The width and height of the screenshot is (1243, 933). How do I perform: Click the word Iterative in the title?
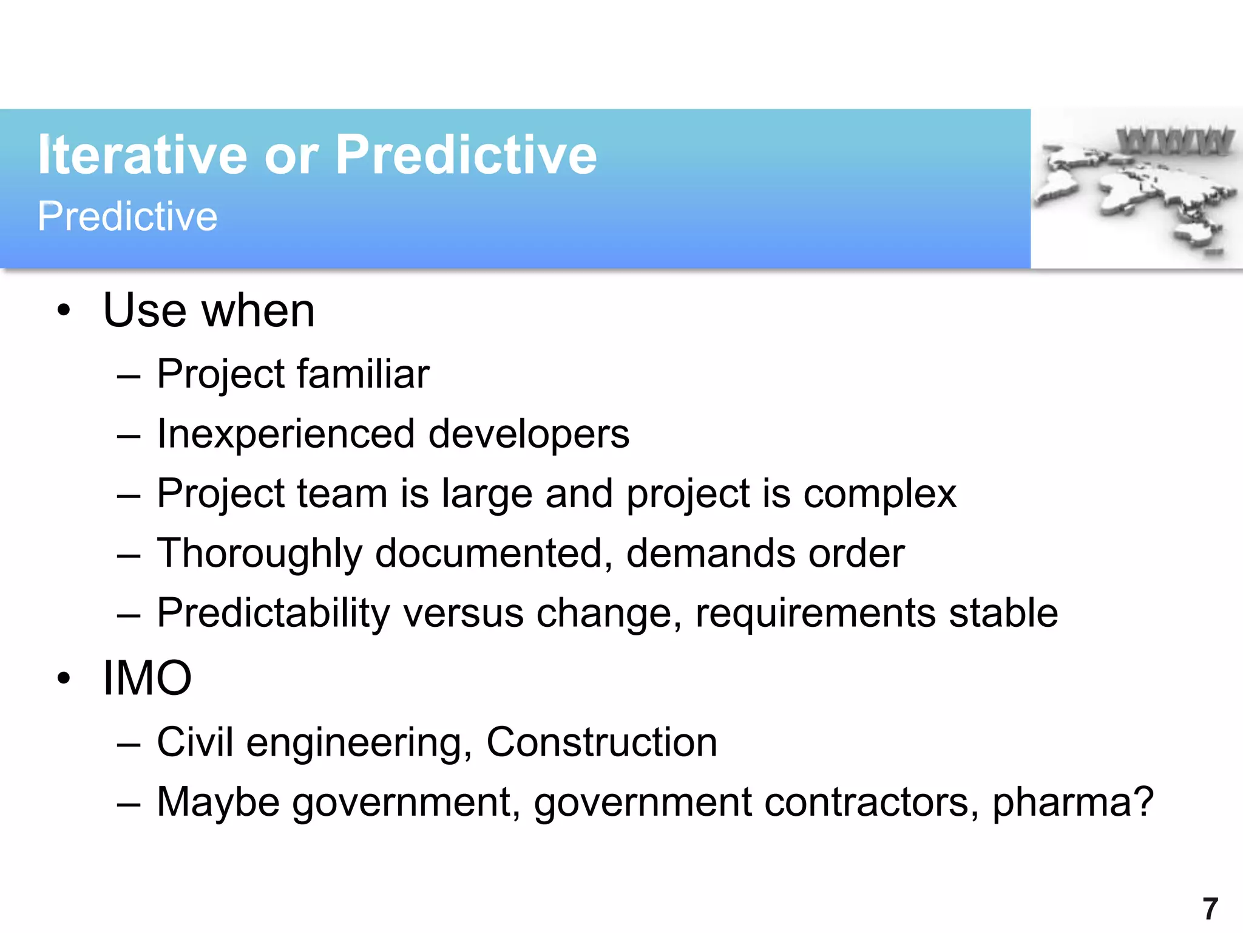click(x=142, y=155)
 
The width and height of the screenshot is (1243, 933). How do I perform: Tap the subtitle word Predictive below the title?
click(x=127, y=216)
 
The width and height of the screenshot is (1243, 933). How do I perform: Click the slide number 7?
click(x=1210, y=909)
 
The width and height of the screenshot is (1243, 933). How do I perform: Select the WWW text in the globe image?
click(x=1175, y=141)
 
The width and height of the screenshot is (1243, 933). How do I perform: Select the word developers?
click(x=529, y=434)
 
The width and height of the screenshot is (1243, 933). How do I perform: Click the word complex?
click(x=879, y=494)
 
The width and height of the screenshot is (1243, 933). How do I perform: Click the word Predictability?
click(x=273, y=613)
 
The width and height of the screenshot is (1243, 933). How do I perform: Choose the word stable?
click(x=1003, y=613)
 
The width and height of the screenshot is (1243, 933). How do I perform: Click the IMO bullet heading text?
click(x=147, y=678)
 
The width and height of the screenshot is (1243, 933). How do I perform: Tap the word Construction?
click(x=601, y=742)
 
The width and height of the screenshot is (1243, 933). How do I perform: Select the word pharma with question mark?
click(x=1072, y=802)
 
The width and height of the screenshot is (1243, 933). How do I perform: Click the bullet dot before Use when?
click(x=64, y=311)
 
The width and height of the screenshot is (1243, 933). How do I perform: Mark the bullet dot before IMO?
click(x=64, y=678)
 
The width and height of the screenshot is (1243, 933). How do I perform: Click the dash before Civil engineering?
click(x=129, y=744)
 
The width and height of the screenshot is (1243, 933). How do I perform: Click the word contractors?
click(x=871, y=802)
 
